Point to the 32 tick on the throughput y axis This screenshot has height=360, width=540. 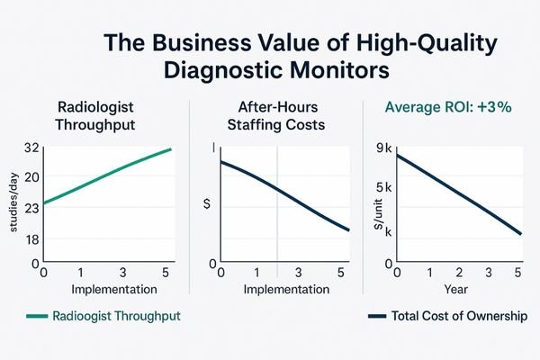[30, 148]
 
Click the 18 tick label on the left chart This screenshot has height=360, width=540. [30, 239]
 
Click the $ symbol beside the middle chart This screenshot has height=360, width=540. [208, 204]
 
